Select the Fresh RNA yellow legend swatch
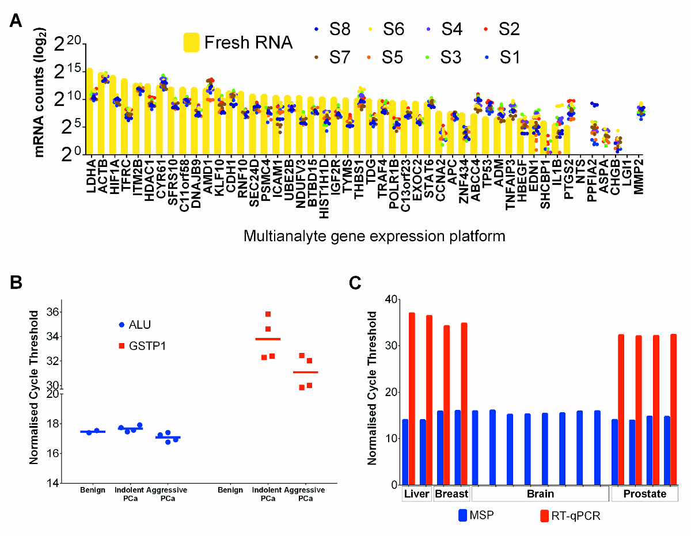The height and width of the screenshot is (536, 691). point(191,43)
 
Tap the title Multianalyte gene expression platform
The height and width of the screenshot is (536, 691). point(374,236)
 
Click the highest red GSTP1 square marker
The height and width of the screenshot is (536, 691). point(268,314)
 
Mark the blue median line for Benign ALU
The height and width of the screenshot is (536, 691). point(93,432)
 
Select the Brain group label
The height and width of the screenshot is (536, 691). point(540,494)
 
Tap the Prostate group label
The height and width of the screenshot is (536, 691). point(644,494)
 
